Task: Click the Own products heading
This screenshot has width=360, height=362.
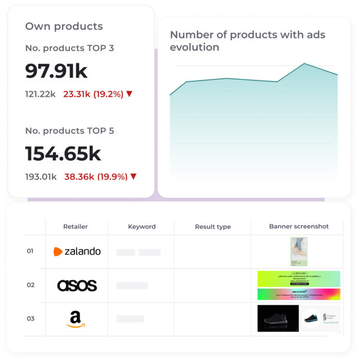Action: pos(64,26)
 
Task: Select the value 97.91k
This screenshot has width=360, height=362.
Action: pos(56,71)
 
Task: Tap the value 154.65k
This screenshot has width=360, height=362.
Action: pos(63,154)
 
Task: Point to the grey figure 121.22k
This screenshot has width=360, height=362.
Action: pos(40,94)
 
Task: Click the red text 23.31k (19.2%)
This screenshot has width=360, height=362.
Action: pos(93,94)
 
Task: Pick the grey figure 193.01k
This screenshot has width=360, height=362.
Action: pos(41,177)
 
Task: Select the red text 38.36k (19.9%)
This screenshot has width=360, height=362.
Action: pos(96,177)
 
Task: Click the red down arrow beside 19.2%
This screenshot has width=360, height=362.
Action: pos(129,94)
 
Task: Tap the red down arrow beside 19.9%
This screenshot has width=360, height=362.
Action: pos(133,177)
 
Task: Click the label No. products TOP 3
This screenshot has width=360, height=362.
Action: pos(69,48)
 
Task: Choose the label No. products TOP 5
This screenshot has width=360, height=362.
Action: pos(69,131)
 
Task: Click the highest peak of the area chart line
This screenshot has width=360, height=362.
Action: pos(304,64)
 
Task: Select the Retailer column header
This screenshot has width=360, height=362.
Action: pos(75,226)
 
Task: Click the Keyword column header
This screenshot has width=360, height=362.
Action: pos(141,226)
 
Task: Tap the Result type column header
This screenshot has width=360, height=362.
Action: pos(213,227)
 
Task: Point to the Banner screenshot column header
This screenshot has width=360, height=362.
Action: pos(298,226)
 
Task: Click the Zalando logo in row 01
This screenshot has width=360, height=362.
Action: pos(77,251)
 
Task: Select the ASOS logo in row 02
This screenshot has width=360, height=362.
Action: pos(77,285)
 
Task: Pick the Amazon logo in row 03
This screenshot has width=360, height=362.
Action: pos(76,319)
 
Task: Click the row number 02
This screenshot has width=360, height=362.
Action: pos(30,285)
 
